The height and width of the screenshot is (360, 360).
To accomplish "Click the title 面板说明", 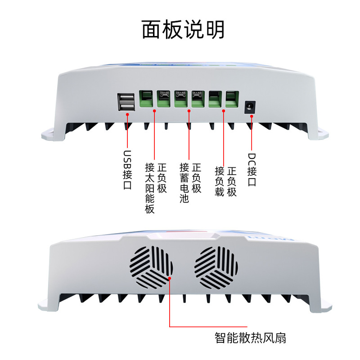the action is tap(183, 29).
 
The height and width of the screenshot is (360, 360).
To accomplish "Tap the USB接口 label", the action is tap(128, 169).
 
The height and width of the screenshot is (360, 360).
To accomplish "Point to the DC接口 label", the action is tap(252, 169).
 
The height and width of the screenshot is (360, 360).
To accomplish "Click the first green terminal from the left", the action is tap(146, 99).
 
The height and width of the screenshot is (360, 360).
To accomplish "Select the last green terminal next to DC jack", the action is tap(232, 99).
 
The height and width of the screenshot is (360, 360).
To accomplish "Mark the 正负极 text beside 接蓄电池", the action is tap(196, 178).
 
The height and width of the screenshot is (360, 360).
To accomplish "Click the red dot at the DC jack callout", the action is tap(251, 116).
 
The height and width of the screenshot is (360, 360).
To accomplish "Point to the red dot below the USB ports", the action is tap(128, 115).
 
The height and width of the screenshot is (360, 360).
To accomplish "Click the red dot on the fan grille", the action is tap(170, 279).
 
